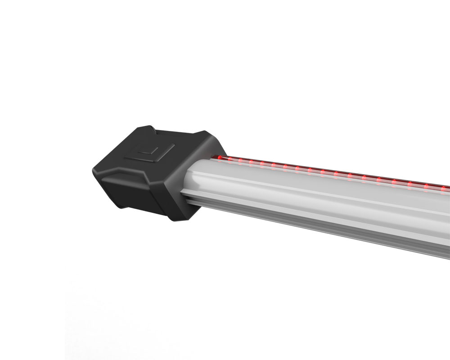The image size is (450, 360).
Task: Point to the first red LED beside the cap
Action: [220, 158]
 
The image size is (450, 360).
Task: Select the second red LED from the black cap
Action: [230, 160]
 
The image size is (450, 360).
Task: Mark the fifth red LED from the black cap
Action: [262, 165]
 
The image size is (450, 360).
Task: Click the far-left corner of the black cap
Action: [94, 167]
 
